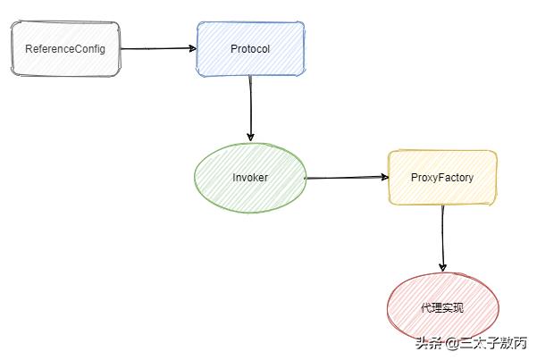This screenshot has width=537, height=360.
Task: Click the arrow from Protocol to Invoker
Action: (251, 107)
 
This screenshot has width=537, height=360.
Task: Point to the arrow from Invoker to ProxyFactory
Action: (347, 178)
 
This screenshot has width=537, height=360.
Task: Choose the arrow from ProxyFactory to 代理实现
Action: (442, 237)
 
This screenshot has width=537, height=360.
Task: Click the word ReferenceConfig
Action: (64, 48)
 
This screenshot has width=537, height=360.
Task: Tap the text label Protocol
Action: (250, 48)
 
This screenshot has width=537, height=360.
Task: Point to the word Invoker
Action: (250, 178)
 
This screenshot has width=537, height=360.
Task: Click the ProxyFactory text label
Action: (442, 178)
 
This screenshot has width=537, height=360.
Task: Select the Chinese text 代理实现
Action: (442, 308)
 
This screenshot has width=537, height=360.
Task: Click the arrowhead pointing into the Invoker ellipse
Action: (251, 136)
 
